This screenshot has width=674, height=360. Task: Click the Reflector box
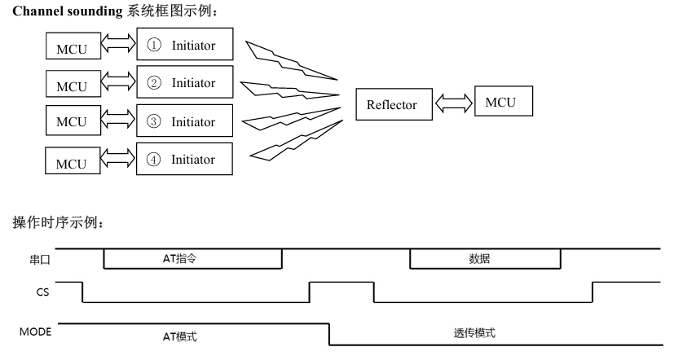(x=392, y=104)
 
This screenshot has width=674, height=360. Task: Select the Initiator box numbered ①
(x=185, y=46)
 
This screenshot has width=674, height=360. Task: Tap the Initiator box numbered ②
(x=185, y=83)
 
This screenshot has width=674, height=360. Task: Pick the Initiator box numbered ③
(x=185, y=121)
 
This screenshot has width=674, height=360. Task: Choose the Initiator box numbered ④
(x=185, y=160)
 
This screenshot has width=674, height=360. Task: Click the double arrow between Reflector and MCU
(x=451, y=104)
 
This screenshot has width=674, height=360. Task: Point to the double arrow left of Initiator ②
(x=117, y=83)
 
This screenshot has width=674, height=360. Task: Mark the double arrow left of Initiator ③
(x=117, y=121)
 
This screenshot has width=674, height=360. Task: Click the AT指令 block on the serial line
(x=193, y=258)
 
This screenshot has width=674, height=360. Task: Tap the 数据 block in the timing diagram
(x=485, y=258)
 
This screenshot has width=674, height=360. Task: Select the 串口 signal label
(x=42, y=258)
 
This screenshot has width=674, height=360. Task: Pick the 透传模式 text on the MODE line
(x=474, y=333)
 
